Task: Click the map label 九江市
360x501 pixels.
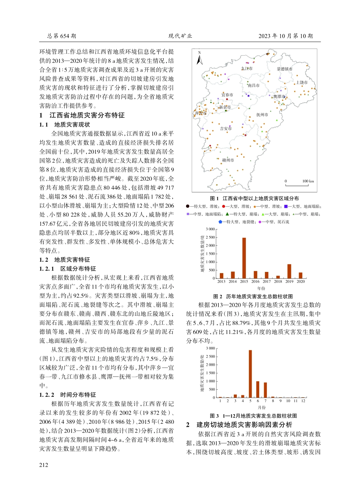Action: [247, 69]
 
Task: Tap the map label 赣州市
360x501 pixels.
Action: [228, 160]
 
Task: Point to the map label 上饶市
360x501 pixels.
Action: [302, 82]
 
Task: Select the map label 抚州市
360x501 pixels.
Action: [262, 114]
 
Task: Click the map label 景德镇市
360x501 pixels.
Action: [284, 69]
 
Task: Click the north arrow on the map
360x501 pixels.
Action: [200, 59]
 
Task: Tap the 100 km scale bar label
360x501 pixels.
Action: [308, 181]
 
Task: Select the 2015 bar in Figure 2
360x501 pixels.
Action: [244, 258]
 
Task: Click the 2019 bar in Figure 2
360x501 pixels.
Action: [290, 271]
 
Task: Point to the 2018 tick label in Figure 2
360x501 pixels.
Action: [278, 281]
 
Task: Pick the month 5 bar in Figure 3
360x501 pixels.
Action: [250, 373]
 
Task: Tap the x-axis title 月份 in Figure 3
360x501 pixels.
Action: [261, 407]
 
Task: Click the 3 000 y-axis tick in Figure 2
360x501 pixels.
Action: [210, 229]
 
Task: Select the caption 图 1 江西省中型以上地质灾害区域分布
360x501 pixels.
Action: [254, 198]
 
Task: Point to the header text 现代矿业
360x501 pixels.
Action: [180, 36]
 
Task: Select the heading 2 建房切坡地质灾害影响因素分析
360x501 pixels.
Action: [239, 425]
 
